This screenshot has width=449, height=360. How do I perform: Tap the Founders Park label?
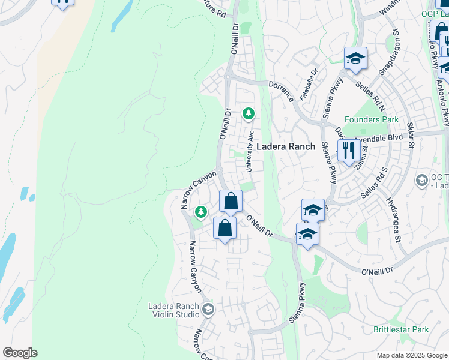[x=371, y=119]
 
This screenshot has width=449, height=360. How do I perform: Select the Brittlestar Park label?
[x=400, y=329]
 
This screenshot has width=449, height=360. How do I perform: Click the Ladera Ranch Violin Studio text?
[x=173, y=310]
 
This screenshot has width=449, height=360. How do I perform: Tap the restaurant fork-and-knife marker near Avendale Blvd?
[x=349, y=150]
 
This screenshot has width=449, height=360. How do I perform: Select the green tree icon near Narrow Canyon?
[x=201, y=212]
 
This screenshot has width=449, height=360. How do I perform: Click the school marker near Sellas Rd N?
[x=355, y=59]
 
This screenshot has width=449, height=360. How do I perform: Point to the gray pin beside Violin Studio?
[x=208, y=310]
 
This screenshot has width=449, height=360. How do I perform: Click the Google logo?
[x=20, y=353]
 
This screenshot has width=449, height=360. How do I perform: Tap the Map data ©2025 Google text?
[x=412, y=355]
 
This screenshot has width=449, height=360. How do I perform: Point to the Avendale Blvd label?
[x=378, y=138]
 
